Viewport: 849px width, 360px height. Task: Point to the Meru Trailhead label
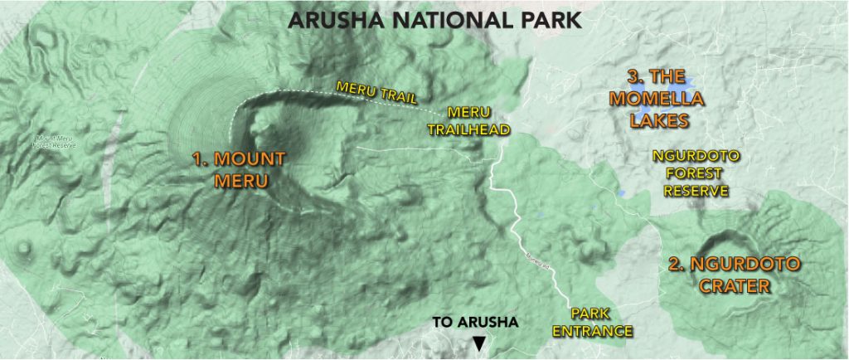[478, 120]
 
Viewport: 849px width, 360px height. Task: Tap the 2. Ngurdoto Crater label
[735, 275]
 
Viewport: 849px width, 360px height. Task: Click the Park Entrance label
[601, 323]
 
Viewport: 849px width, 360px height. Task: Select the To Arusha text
[475, 323]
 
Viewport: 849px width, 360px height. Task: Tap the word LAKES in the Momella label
[659, 120]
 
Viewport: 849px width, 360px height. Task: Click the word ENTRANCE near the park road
[601, 332]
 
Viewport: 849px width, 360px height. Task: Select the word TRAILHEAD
[478, 129]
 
